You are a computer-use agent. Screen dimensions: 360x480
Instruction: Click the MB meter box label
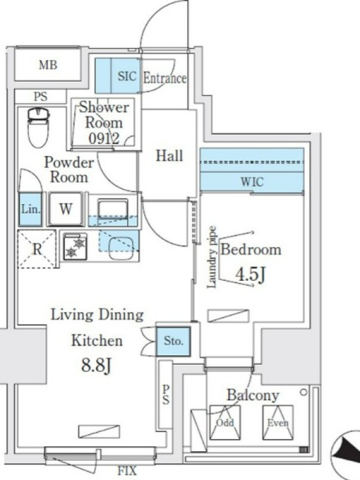click(48, 65)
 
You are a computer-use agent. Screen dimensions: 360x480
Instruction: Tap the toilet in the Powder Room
click(38, 128)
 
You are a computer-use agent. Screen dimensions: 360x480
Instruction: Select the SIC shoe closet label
click(127, 76)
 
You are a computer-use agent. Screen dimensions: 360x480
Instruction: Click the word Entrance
click(164, 78)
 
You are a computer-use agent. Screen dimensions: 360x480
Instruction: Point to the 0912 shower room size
click(104, 139)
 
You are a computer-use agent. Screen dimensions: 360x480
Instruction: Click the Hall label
click(169, 155)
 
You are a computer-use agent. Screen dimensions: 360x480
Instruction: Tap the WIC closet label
click(252, 182)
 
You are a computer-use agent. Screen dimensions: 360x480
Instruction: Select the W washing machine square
click(66, 209)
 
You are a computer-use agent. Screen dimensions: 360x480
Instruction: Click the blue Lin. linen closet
click(31, 209)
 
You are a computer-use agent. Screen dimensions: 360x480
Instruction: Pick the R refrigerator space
click(37, 249)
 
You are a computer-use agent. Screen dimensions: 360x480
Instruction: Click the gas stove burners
click(76, 247)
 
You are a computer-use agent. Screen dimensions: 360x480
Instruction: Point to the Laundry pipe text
click(212, 257)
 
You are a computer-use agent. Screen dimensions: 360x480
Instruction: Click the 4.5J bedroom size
click(250, 274)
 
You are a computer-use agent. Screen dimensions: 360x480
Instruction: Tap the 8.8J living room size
click(96, 365)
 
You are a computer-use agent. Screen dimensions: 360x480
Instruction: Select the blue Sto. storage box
click(173, 341)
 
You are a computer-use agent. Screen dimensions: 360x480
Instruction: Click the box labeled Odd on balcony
click(225, 422)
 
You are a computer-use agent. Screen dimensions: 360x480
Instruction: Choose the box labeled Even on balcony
click(278, 422)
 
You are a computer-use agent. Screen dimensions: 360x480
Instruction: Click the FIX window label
click(127, 471)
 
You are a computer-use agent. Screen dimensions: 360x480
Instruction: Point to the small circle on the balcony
click(304, 392)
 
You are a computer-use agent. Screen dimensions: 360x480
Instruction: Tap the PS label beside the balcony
click(166, 395)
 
